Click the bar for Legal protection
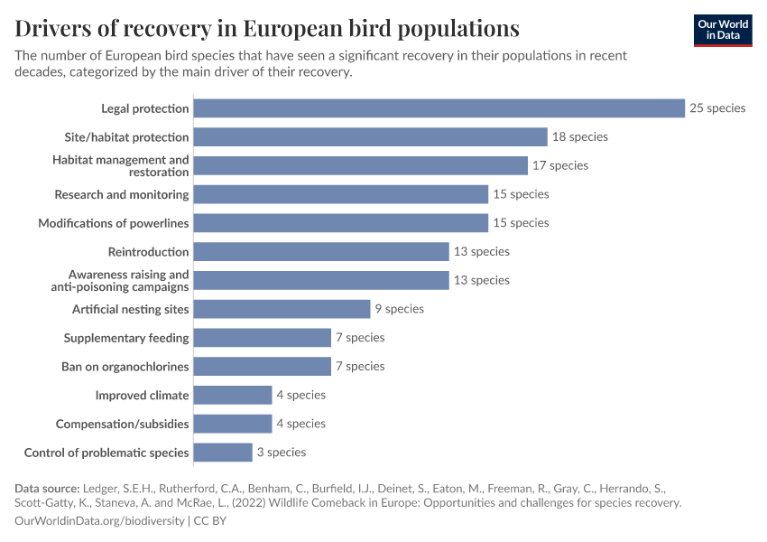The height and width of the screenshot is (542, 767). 439,108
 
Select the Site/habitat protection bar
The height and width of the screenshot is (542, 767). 371,137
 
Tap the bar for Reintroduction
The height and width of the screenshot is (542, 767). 321,252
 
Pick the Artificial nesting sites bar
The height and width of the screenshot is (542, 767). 282,309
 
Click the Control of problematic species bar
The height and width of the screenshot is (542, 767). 223,453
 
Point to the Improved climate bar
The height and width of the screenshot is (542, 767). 233,395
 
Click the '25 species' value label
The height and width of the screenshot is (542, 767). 717,108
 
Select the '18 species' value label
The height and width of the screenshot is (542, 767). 579,137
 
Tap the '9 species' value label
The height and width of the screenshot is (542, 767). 399,309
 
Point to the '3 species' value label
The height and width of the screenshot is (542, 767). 281,453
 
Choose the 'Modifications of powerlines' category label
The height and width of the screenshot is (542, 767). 114,223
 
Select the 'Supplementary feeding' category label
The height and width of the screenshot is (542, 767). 126,338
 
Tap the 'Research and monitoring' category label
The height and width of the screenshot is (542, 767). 122,194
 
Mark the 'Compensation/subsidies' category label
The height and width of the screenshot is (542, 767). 123,424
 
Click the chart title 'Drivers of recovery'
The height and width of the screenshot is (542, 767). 267,28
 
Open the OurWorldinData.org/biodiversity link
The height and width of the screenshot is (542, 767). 100,521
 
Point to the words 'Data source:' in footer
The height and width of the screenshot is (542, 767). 47,489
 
